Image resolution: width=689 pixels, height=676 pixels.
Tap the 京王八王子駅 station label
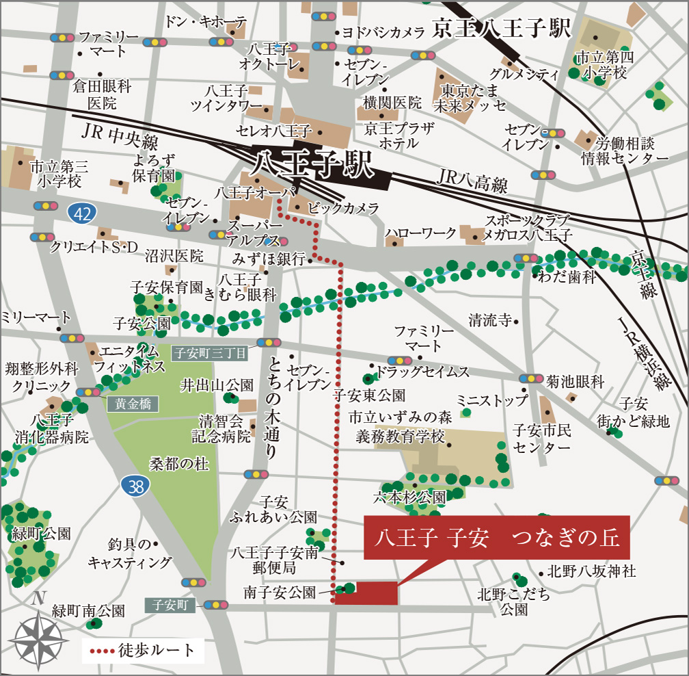[502, 29]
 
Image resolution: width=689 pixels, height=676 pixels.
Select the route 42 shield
[82, 213]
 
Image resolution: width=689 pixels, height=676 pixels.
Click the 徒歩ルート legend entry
[143, 649]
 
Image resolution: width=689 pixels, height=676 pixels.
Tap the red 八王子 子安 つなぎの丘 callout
[497, 538]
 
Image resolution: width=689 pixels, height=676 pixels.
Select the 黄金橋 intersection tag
[132, 404]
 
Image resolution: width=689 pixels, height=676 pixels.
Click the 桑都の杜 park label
[179, 465]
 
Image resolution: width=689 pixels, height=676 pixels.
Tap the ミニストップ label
[492, 400]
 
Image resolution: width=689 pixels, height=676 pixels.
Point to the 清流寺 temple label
[490, 320]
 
